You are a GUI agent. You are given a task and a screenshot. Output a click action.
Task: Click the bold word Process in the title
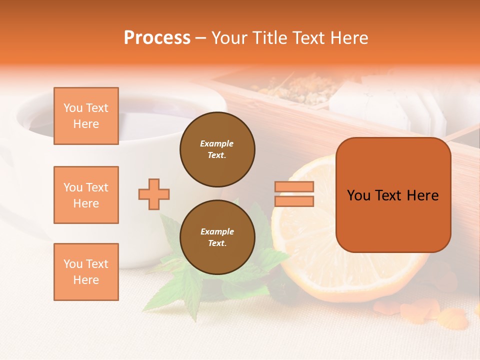point(157,37)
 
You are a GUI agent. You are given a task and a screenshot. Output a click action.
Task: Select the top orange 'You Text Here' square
point(86,116)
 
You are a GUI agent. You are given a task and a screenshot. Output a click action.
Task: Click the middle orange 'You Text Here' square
point(86,195)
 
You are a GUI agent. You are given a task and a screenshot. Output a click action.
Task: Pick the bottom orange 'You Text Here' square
point(86,272)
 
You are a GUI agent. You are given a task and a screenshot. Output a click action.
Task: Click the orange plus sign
point(154,194)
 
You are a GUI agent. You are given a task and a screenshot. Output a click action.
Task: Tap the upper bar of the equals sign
point(294,187)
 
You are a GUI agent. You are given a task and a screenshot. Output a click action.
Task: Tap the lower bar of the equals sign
point(294,201)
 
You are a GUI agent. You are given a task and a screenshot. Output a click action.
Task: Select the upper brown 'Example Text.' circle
point(217,149)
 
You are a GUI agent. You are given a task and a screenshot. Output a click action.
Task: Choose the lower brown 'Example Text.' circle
point(217,237)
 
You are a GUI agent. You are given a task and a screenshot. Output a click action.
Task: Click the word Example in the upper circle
point(217,143)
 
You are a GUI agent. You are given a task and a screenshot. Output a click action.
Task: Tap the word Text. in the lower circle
point(217,243)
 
